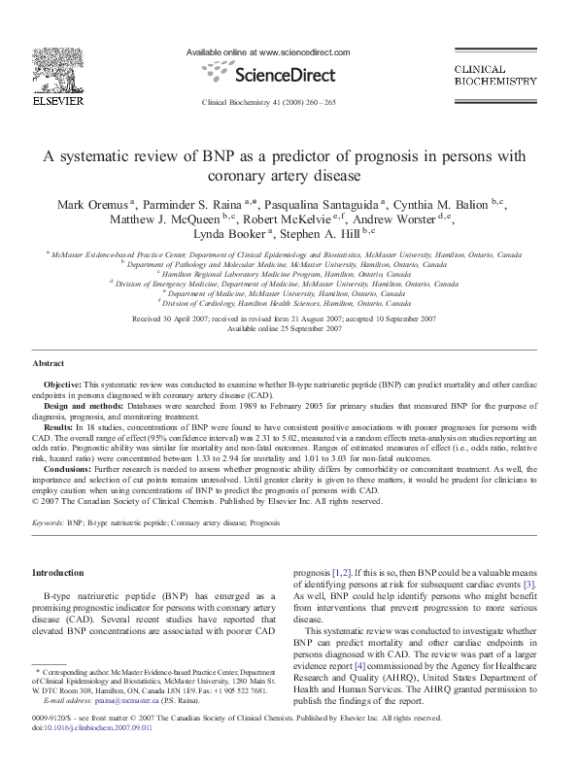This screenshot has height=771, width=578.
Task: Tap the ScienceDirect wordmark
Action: click(268, 73)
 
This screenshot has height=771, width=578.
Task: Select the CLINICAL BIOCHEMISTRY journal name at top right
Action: click(495, 76)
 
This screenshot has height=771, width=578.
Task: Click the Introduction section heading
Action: click(58, 573)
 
